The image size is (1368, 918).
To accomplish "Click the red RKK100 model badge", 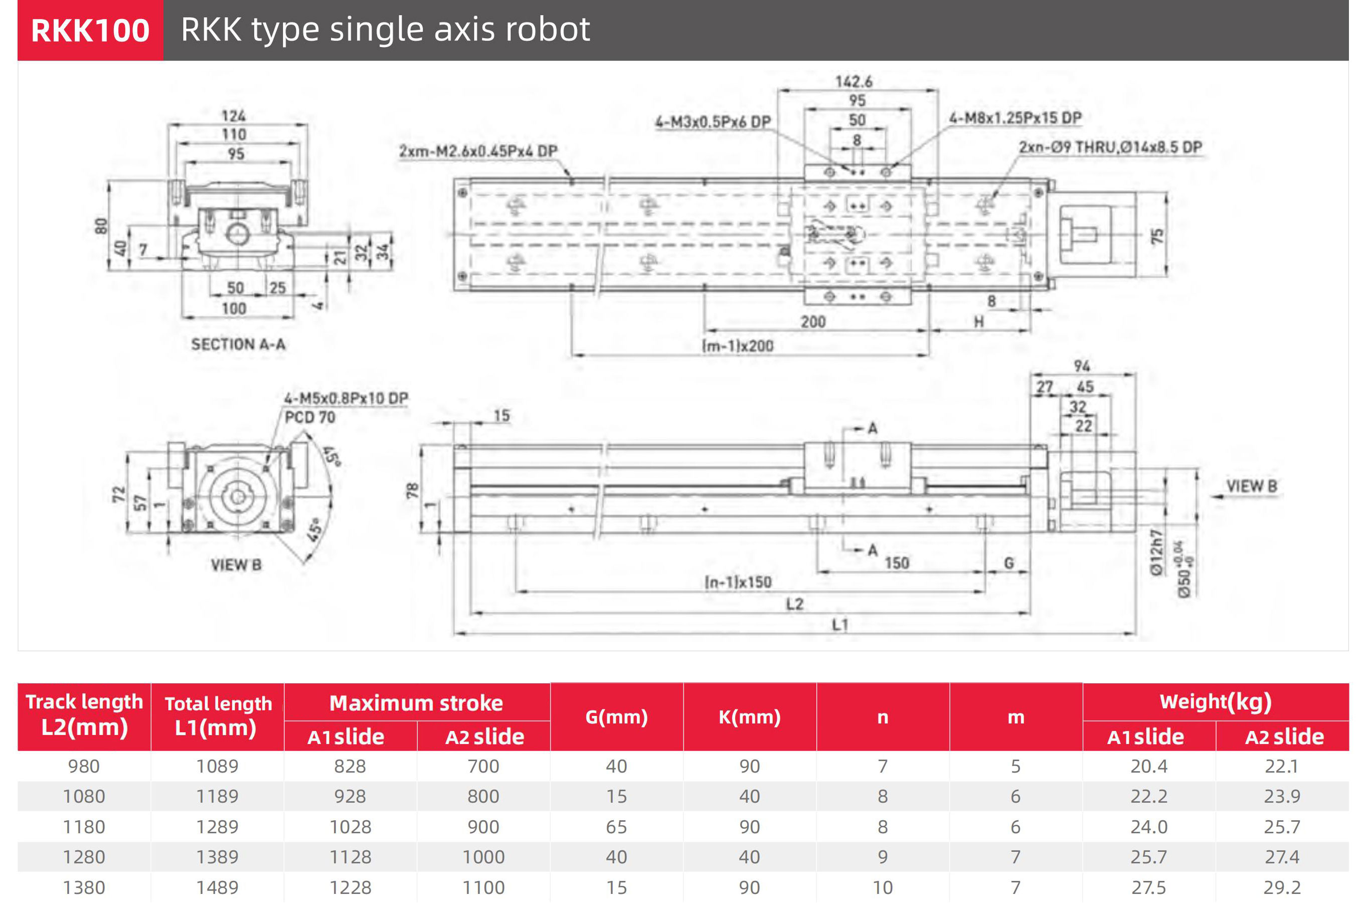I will coord(90,31).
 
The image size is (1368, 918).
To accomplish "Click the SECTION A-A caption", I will coord(238,344).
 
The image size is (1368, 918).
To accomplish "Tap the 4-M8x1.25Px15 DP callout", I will coord(1015,118).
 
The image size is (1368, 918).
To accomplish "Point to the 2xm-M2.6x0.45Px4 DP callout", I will coord(478,151).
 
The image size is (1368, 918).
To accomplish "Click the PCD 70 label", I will coord(310,418).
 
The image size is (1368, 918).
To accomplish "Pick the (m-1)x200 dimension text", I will coord(737,346).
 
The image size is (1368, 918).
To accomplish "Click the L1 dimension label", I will coord(840,625).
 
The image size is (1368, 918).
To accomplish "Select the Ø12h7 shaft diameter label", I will coord(1155,553).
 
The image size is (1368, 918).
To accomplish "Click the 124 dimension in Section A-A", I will coord(233,116).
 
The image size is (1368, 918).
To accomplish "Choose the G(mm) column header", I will coord(616,717).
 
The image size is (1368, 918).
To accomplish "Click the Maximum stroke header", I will coord(416,703).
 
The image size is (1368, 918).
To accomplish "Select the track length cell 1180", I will coord(84,827).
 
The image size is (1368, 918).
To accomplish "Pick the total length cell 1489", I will coord(217,887).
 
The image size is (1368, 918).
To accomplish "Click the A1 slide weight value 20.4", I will coord(1148,767).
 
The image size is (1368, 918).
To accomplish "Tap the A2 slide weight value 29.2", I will coord(1281,887).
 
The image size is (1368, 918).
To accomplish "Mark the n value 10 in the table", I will coord(883,887).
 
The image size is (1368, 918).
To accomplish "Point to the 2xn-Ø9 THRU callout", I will coord(1110,147).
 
